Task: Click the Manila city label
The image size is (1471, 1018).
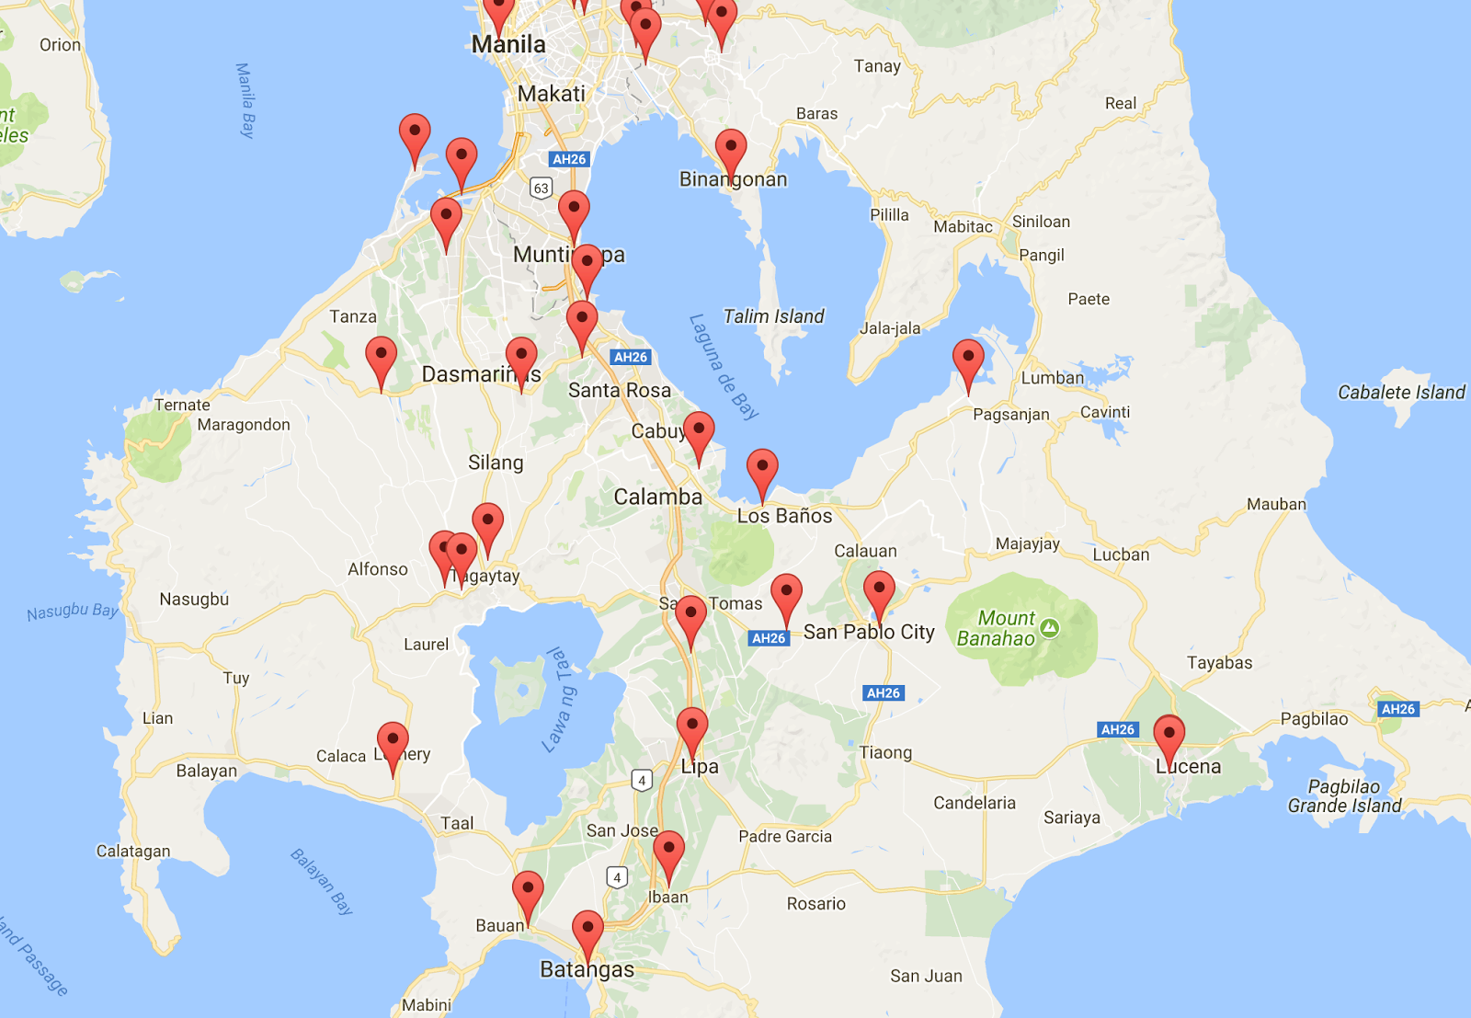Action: click(508, 44)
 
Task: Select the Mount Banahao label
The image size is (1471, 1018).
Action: click(996, 628)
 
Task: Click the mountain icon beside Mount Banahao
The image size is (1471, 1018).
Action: click(1050, 628)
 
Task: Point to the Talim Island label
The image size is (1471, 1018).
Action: click(773, 316)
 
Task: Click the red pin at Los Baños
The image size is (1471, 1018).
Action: click(762, 469)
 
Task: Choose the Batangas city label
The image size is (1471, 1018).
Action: click(587, 969)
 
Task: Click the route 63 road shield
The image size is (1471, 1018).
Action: click(541, 188)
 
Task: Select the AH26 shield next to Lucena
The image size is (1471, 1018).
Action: click(1118, 729)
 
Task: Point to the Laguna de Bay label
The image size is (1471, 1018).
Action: click(724, 367)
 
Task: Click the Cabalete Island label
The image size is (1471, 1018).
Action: click(1401, 393)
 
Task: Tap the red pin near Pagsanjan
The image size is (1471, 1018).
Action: click(968, 359)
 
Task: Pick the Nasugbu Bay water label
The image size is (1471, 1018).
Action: click(72, 612)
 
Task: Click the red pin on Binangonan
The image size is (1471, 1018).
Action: click(731, 149)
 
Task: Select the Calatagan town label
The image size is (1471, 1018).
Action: click(133, 851)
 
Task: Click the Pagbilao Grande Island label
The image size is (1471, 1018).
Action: click(1344, 796)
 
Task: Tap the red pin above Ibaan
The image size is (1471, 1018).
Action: click(668, 851)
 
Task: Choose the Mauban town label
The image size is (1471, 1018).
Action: click(1276, 504)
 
